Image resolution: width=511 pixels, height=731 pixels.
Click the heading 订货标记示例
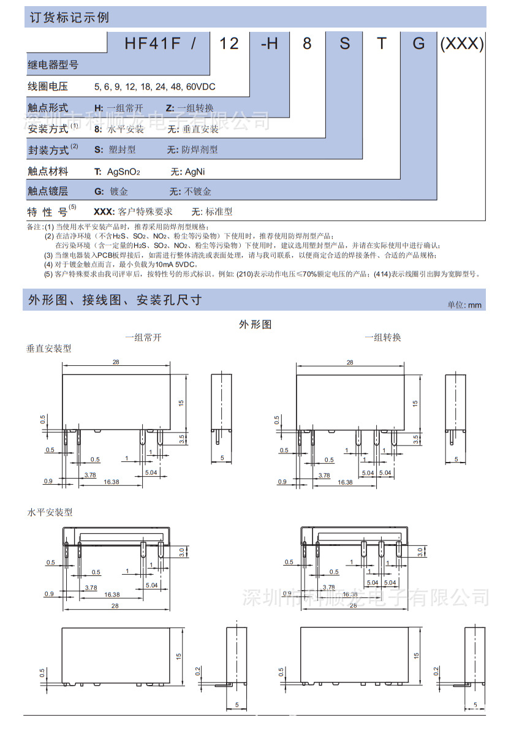(69, 17)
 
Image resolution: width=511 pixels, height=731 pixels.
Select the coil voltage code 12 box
(229, 44)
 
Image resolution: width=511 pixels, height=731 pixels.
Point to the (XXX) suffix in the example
(463, 44)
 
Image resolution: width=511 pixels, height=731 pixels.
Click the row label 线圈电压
(48, 86)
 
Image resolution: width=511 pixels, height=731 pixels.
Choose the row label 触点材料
(48, 171)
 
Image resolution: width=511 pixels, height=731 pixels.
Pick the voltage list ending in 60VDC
(154, 87)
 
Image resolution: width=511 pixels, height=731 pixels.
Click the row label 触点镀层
(48, 191)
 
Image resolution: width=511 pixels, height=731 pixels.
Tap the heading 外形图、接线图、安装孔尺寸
(115, 300)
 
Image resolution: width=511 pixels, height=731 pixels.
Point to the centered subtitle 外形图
(255, 324)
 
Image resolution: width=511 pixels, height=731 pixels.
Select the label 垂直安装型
(49, 348)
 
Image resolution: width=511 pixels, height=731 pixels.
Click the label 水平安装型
(49, 512)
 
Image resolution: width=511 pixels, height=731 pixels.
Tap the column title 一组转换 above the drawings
(382, 337)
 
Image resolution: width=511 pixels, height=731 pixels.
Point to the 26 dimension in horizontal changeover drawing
(352, 605)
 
